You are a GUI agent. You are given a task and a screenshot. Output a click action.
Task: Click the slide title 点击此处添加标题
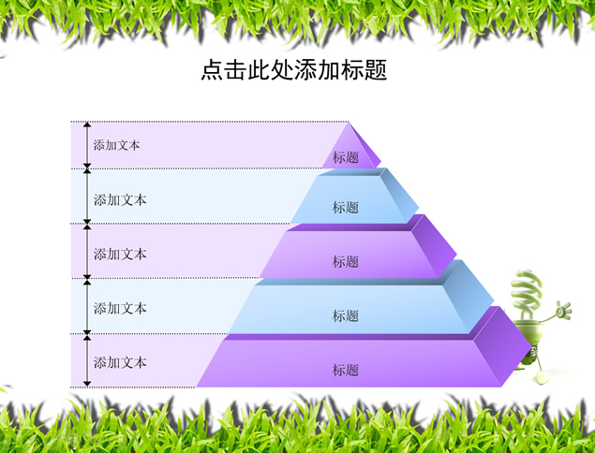(x=293, y=70)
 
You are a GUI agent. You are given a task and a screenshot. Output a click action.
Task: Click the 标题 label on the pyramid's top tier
(x=346, y=157)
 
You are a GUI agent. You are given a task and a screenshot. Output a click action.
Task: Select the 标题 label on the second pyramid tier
(x=346, y=208)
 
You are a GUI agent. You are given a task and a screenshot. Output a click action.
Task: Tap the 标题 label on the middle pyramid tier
(x=346, y=261)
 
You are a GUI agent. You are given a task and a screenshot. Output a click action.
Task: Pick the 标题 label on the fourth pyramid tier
(x=346, y=315)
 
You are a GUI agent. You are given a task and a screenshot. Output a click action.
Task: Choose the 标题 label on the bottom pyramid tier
(x=346, y=370)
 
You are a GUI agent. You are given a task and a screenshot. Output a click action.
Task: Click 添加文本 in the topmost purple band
(x=116, y=145)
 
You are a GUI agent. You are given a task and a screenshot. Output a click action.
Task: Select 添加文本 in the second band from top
(x=120, y=199)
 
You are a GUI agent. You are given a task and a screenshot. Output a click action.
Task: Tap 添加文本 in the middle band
(x=120, y=254)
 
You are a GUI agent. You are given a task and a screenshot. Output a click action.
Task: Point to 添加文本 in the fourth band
(x=120, y=308)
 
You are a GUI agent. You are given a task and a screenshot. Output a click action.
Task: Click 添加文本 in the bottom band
(x=120, y=362)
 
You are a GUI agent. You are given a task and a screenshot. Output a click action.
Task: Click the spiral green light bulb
(x=527, y=294)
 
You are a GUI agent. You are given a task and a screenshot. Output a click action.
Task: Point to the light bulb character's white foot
(x=542, y=377)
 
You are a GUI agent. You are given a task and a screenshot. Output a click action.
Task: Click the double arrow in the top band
(x=87, y=145)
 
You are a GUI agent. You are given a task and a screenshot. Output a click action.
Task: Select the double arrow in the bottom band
(x=87, y=360)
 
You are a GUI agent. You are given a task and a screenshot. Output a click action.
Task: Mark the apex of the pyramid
(x=349, y=123)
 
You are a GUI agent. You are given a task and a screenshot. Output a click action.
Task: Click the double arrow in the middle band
(x=87, y=252)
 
